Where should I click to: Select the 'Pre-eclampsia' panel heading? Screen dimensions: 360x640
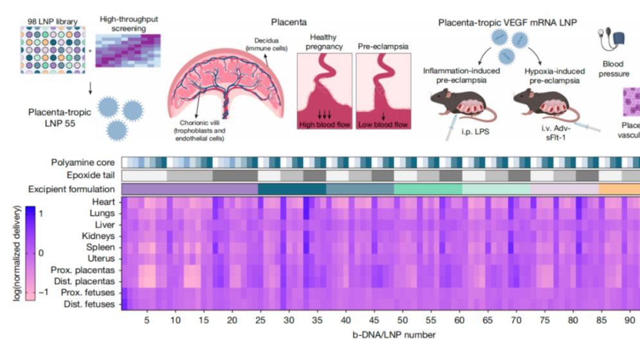(x=385, y=46)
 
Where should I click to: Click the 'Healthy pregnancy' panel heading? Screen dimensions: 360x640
(x=323, y=42)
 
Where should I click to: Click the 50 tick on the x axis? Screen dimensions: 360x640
(x=402, y=319)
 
